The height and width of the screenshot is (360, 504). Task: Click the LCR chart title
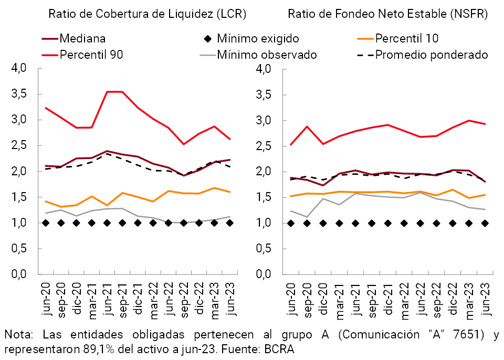click(148, 14)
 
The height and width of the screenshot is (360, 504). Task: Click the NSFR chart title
click(388, 14)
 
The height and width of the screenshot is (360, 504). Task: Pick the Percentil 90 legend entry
click(91, 54)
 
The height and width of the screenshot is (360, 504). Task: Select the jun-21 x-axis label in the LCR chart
click(107, 298)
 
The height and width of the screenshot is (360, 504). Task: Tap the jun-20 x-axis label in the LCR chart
click(46, 298)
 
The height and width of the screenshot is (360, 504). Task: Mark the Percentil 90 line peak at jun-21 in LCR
click(107, 92)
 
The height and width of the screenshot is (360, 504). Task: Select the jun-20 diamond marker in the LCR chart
click(46, 223)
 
